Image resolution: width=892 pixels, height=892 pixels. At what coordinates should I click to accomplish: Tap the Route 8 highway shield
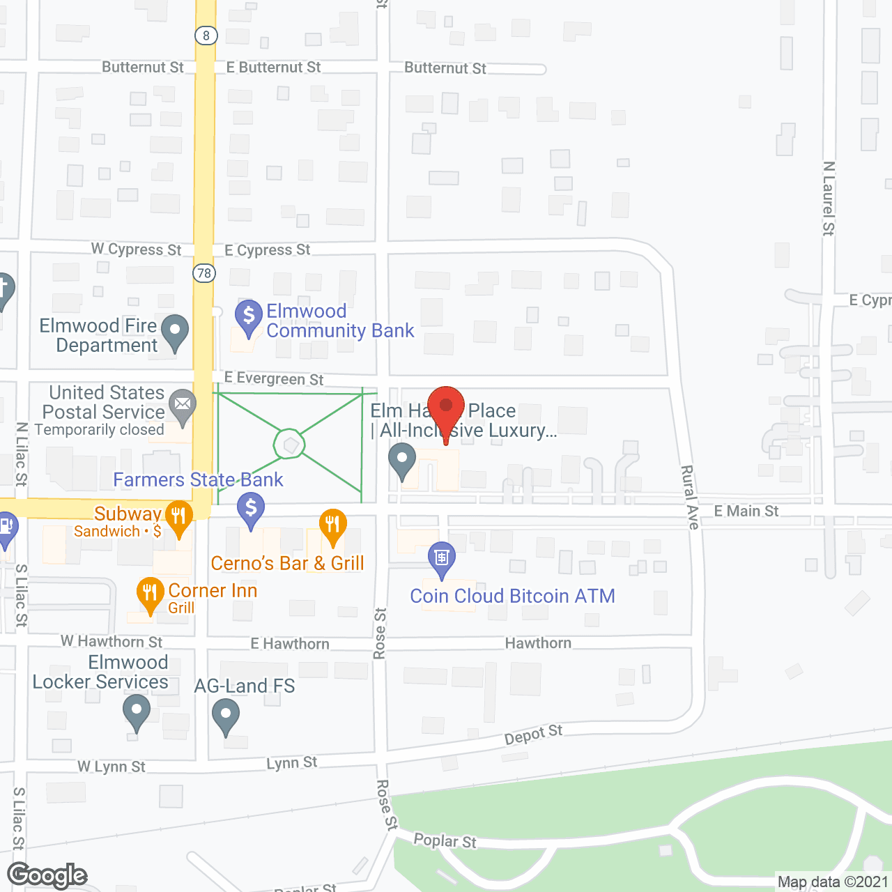(x=206, y=36)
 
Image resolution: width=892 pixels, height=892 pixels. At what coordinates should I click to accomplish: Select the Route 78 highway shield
(x=204, y=273)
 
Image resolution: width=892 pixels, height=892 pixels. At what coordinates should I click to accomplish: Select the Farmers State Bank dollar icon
(x=251, y=509)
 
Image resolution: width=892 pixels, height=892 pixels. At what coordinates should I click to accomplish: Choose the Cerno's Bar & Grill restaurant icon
(x=332, y=525)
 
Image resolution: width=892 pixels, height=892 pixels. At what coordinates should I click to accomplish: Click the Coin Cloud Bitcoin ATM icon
(x=442, y=558)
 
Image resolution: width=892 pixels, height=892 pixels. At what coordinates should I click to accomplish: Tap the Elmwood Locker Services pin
(x=137, y=712)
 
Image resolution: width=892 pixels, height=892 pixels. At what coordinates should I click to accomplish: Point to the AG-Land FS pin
(x=226, y=715)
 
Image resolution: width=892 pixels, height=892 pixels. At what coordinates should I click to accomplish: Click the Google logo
(x=47, y=875)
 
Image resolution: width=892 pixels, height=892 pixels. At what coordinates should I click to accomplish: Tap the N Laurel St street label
(x=828, y=199)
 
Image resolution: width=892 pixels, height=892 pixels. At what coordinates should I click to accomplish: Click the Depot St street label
(x=533, y=735)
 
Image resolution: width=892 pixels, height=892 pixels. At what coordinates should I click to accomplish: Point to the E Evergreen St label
(x=274, y=378)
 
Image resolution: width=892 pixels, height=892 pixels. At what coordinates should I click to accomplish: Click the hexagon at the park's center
(x=290, y=444)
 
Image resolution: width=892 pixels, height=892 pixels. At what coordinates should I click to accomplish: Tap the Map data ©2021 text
(x=833, y=882)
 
